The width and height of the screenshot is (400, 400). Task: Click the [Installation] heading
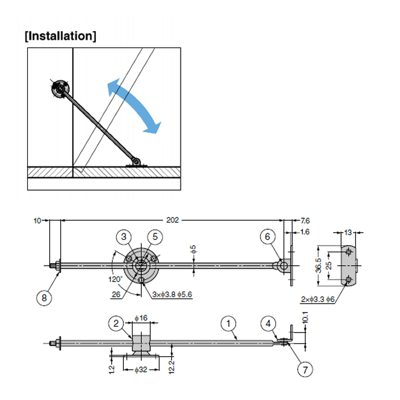click(x=60, y=36)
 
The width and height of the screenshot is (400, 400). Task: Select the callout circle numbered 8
click(x=44, y=298)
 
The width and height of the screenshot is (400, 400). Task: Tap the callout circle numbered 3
click(x=124, y=237)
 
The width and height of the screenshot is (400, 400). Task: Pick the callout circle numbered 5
click(x=155, y=237)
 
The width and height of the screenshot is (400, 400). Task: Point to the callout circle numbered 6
click(x=268, y=236)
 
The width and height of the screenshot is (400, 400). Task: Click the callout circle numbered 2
click(x=116, y=324)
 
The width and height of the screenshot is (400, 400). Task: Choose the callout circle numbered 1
click(x=228, y=324)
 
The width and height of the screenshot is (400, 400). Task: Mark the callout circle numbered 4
click(x=268, y=324)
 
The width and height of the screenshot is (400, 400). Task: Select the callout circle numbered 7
click(x=305, y=369)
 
